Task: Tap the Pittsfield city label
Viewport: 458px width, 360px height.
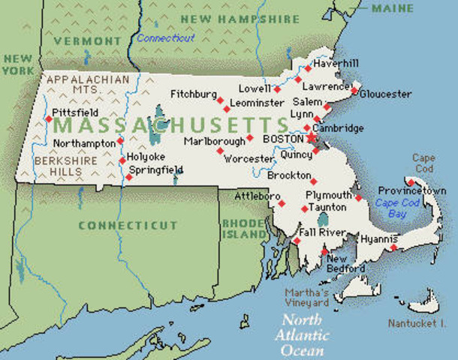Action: [75, 112]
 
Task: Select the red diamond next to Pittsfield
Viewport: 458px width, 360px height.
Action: [49, 118]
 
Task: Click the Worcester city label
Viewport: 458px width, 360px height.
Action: [249, 160]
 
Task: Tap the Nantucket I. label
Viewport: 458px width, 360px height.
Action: [417, 323]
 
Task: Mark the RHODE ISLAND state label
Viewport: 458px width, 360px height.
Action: [244, 228]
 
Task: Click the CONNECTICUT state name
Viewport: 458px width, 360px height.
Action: [128, 225]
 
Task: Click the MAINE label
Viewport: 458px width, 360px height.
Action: [392, 8]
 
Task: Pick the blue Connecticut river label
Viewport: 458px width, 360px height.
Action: [166, 37]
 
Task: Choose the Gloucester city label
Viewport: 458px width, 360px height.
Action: [386, 94]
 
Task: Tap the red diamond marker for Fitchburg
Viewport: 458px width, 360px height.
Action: [220, 99]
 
